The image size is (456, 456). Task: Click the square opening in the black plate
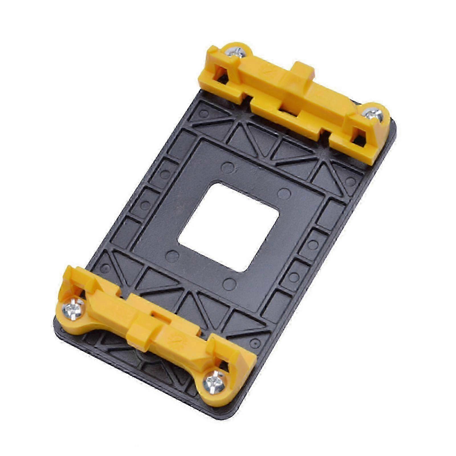[228, 227]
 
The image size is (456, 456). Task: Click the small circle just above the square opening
[227, 168]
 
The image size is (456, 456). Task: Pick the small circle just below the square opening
[229, 284]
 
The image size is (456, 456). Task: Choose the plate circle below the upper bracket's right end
[350, 182]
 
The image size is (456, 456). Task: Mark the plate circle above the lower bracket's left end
[106, 268]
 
